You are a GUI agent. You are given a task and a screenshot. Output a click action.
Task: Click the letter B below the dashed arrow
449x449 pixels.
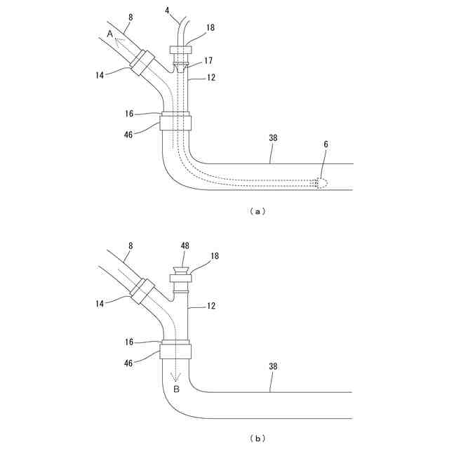pos(176,389)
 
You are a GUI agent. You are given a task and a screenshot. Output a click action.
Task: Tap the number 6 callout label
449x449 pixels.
pos(326,143)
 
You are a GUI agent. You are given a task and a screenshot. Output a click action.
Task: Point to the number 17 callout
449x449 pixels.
pos(208,61)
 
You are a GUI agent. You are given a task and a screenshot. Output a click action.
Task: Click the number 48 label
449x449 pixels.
pos(185,246)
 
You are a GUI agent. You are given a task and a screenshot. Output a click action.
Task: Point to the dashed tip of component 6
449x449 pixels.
pos(321,184)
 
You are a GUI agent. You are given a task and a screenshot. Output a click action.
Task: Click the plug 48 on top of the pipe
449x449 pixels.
pos(181,269)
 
